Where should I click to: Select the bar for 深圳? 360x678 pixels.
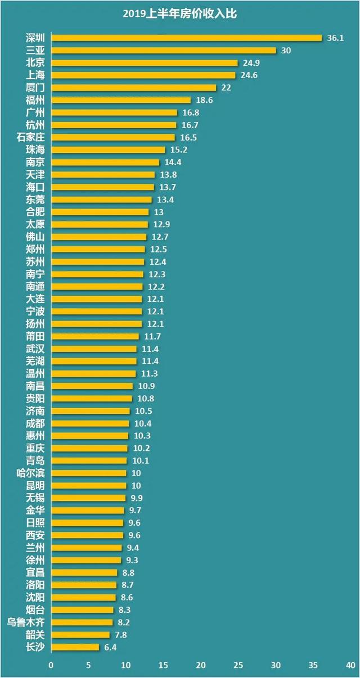pyautogui.click(x=186, y=38)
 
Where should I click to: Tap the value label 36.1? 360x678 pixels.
pyautogui.click(x=335, y=38)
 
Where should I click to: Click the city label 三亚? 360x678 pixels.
pyautogui.click(x=35, y=51)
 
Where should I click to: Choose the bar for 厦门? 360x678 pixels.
pyautogui.click(x=134, y=88)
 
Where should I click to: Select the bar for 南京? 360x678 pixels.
pyautogui.click(x=105, y=162)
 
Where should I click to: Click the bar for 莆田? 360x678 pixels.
pyautogui.click(x=95, y=336)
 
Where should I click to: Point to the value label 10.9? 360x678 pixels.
pyautogui.click(x=145, y=386)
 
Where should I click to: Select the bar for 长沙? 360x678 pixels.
pyautogui.click(x=75, y=647)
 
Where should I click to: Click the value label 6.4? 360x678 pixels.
pyautogui.click(x=110, y=647)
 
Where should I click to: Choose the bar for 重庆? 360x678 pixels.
pyautogui.click(x=89, y=448)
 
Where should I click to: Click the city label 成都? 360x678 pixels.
pyautogui.click(x=35, y=423)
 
